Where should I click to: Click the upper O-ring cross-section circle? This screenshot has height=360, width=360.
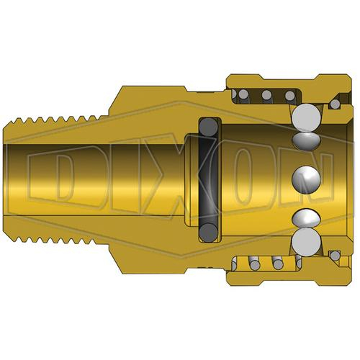coord(209,127)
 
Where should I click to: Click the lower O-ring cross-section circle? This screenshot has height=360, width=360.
coord(209,233)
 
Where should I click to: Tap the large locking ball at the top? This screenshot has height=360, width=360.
coord(307,118)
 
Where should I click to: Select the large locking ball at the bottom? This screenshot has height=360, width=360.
coord(307,242)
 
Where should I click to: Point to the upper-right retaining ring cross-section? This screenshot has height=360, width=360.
coord(335,104)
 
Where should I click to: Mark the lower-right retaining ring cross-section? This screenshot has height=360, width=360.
coord(335,256)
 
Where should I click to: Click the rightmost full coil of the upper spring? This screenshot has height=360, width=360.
coord(290,96)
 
